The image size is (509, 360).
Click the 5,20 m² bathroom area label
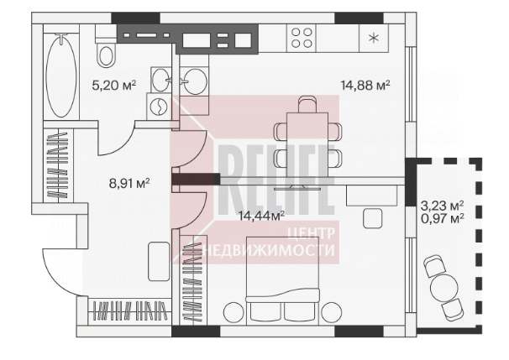(114, 86)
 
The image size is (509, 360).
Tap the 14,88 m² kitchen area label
(365, 86)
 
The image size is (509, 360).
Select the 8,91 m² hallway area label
(129, 183)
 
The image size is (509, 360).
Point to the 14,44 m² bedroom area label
(262, 216)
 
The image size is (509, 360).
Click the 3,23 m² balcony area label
(442, 206)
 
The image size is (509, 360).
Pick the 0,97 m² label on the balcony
(442, 218)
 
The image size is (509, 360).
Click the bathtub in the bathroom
(61, 75)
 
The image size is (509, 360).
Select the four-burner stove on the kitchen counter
(302, 38)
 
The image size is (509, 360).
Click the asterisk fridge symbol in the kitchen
(374, 39)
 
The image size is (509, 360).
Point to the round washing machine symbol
(159, 106)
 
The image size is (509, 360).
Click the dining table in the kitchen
(307, 144)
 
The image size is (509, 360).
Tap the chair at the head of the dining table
(307, 104)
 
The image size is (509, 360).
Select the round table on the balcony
(444, 288)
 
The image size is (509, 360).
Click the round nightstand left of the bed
(234, 312)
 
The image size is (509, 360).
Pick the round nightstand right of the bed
(332, 312)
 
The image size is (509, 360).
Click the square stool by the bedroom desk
(372, 218)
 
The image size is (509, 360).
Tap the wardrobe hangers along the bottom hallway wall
(130, 310)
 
